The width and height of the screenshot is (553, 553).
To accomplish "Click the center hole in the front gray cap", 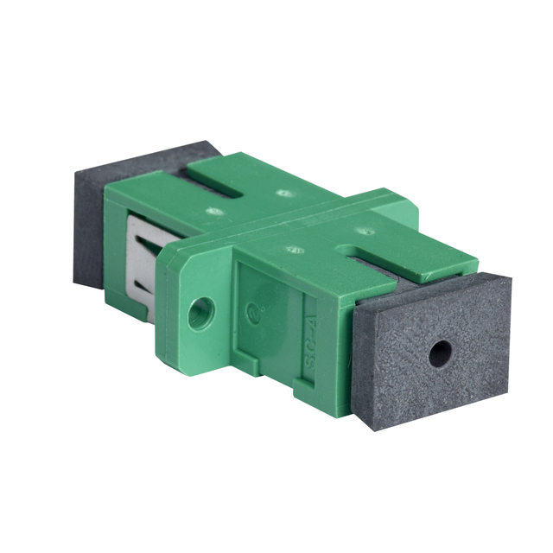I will coord(440,352).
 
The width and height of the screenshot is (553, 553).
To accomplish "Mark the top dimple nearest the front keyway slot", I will coord(365,232).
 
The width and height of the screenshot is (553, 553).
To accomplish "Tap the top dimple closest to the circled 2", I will coord(295,251).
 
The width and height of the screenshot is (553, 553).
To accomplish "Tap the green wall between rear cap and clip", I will coord(118,242).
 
